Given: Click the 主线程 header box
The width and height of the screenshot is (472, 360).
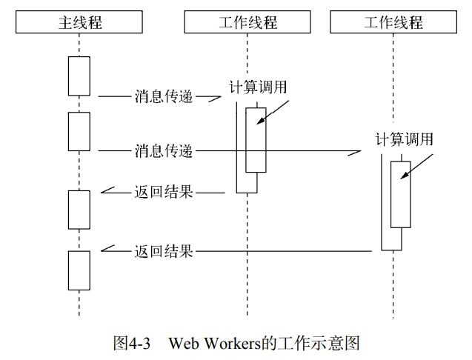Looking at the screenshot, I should click(x=79, y=23).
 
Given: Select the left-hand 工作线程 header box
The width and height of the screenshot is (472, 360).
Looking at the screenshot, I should click(x=247, y=23).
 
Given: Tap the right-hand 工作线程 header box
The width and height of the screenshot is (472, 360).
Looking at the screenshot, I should click(x=392, y=23).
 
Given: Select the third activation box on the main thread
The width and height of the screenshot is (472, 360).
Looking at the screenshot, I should click(x=79, y=210).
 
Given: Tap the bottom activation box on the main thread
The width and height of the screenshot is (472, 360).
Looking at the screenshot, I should click(x=79, y=270).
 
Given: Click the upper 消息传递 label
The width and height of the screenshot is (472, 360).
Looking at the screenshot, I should click(x=164, y=96).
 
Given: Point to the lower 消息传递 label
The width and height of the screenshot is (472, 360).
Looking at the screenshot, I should click(x=164, y=151).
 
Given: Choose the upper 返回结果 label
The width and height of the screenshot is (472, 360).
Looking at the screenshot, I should click(x=164, y=192).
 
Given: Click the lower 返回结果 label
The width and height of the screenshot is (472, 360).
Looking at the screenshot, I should click(x=164, y=251).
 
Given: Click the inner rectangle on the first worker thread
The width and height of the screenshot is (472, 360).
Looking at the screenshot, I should click(x=256, y=140).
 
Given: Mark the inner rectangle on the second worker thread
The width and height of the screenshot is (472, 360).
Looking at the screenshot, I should click(x=400, y=194).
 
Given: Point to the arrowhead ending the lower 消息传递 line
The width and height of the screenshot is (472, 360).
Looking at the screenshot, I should click(x=356, y=152).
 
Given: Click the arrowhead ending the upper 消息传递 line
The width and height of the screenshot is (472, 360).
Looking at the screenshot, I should click(x=216, y=96).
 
